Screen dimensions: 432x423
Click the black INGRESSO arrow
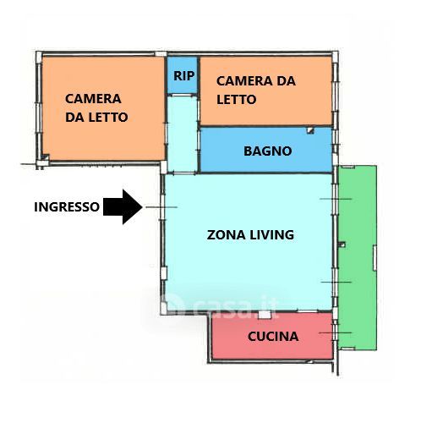[x=123, y=206]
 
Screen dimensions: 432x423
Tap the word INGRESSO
[x=67, y=206]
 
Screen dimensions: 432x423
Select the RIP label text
[x=183, y=76]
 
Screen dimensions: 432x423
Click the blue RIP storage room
[x=182, y=75]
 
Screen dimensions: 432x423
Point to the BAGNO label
[x=267, y=151]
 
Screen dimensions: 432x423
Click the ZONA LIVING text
[x=250, y=235]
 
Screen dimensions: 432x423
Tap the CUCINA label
[x=273, y=336]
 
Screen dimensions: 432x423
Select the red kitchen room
[x=272, y=336]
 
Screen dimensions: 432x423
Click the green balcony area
[x=358, y=258]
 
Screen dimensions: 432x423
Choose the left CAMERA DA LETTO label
[x=96, y=108]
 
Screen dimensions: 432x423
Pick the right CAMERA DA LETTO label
[x=256, y=90]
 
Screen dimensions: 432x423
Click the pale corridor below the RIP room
[x=182, y=135]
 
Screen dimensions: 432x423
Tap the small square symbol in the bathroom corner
[x=310, y=130]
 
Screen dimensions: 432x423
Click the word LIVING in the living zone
[x=272, y=235]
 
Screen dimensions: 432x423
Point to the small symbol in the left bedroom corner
[x=45, y=157]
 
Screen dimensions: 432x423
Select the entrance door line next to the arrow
[x=161, y=207]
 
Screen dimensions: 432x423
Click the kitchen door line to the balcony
[x=336, y=332]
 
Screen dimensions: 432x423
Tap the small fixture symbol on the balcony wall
[x=342, y=244]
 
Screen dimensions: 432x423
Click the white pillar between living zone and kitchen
[x=265, y=315]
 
